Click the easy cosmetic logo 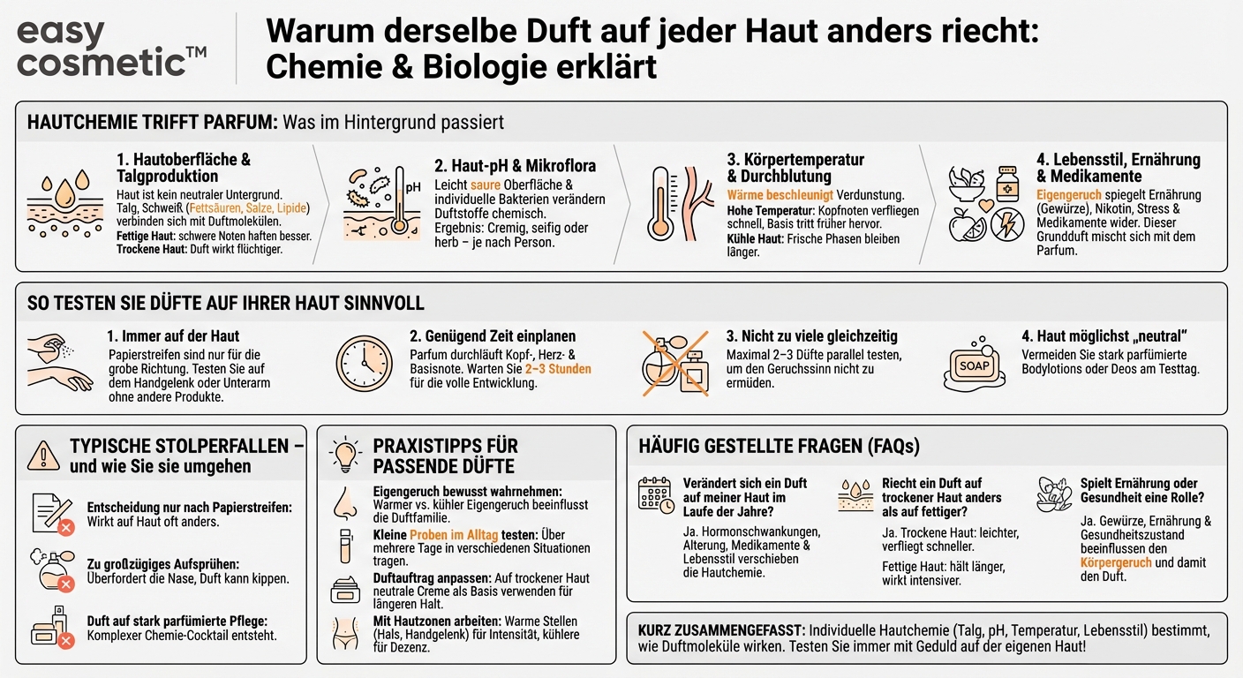[111, 48]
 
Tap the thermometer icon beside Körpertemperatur [659, 203]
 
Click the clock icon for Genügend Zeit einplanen [364, 363]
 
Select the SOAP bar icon [975, 362]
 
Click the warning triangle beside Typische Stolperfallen [43, 456]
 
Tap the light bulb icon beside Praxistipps [345, 454]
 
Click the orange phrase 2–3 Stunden [558, 368]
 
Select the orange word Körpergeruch [1118, 561]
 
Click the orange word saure [485, 185]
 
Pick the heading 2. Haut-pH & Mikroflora [515, 166]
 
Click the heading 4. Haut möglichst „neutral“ [1104, 336]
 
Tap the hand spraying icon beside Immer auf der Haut [58, 362]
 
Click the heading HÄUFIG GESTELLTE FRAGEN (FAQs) [779, 447]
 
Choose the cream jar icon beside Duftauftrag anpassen [345, 589]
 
